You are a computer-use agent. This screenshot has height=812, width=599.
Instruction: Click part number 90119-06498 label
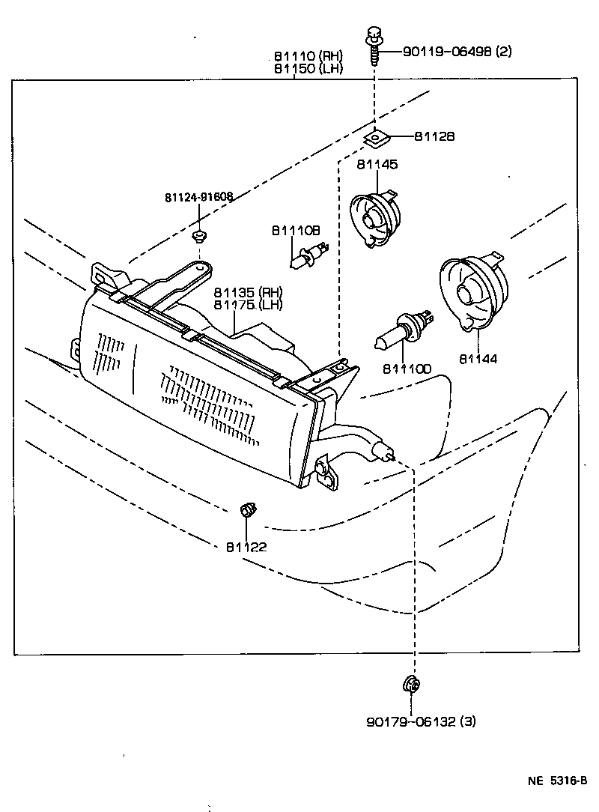coord(457,52)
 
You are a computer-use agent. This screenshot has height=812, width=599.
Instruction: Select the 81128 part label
coord(434,136)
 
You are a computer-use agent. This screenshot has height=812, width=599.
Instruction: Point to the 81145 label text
coord(377,164)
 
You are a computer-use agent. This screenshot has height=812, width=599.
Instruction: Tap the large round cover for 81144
coord(473,292)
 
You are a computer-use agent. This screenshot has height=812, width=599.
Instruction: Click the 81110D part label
coord(407,369)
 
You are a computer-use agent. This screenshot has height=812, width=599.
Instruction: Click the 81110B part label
coord(296,231)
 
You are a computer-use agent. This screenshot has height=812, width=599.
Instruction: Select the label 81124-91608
coord(198,197)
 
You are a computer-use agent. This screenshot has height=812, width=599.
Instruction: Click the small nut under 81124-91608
coord(199,237)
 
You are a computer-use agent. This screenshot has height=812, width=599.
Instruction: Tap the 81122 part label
coord(246,547)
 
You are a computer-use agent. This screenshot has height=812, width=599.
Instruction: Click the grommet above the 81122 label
coord(246,512)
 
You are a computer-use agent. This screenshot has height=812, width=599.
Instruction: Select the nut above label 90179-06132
coord(410,684)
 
